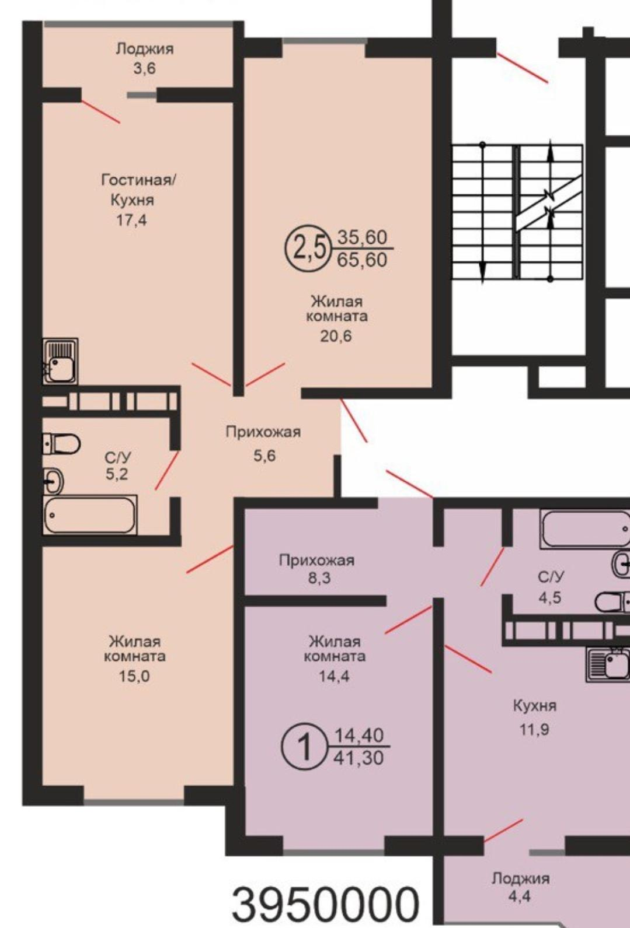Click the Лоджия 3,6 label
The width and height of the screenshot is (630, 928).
click(x=144, y=58)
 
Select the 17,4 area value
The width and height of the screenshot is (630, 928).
click(x=131, y=220)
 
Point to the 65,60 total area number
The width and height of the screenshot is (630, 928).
click(x=362, y=260)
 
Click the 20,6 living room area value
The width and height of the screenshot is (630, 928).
click(x=336, y=336)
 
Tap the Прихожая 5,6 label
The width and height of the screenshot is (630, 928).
click(x=263, y=444)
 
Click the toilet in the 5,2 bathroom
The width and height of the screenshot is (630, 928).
click(x=61, y=444)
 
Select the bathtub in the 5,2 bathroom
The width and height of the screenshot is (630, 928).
click(x=90, y=516)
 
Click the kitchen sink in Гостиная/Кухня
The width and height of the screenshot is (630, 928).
click(x=60, y=361)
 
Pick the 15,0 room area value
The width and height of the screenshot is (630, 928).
click(x=134, y=677)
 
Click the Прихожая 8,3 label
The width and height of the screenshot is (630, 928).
click(x=316, y=569)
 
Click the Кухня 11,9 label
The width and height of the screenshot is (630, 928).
click(x=535, y=717)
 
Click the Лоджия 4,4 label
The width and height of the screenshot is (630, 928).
click(x=520, y=888)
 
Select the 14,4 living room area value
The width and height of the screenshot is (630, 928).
click(x=334, y=677)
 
